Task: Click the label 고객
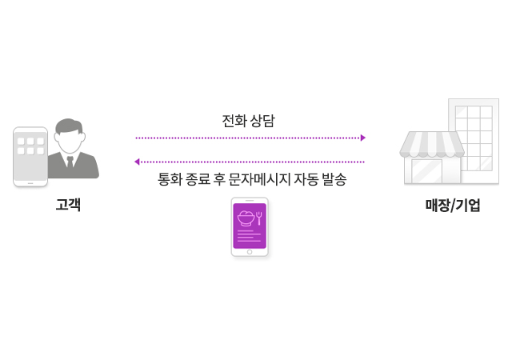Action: point(68,205)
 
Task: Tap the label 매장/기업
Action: point(453,205)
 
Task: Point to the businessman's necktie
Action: point(70,163)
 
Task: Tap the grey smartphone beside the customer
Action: point(30,156)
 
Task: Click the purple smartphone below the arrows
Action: point(250,227)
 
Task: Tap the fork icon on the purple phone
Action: point(258,217)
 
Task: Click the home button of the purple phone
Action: point(250,251)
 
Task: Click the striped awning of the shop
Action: point(433,145)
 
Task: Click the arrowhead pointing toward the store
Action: point(362,138)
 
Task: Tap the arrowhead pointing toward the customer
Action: point(138,162)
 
